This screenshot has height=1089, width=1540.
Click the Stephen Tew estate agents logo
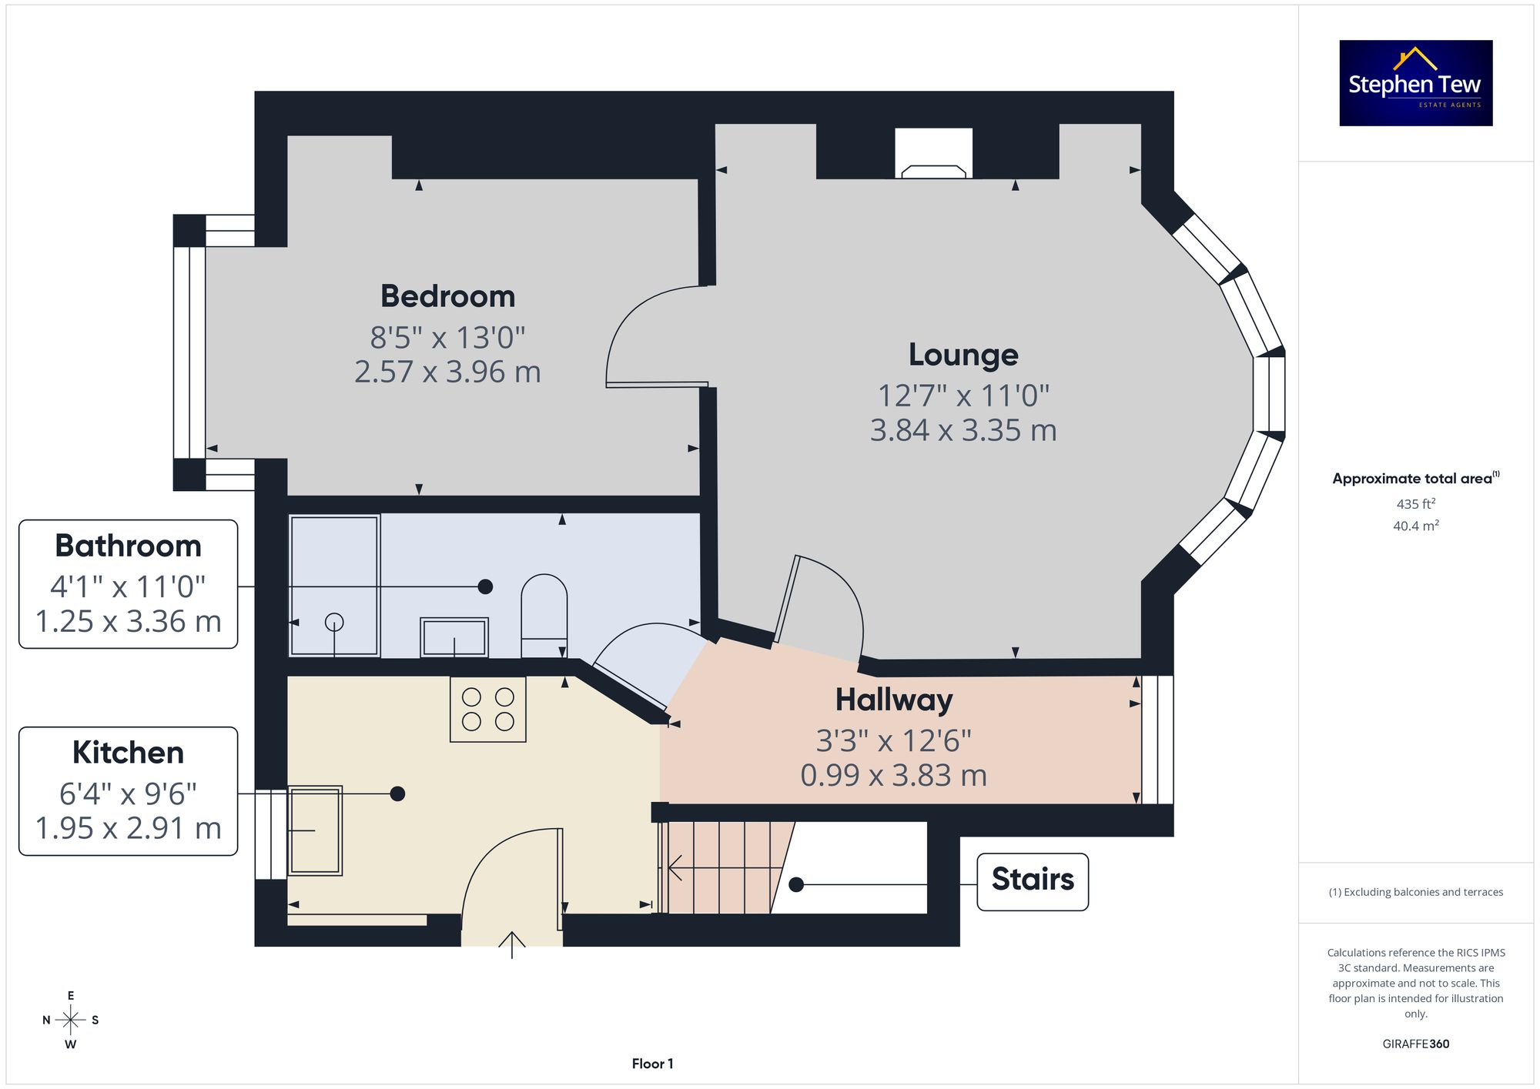(x=1416, y=83)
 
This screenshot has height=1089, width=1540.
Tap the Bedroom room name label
(x=447, y=296)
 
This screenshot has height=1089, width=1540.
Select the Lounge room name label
(x=963, y=355)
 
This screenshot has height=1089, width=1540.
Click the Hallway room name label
(x=894, y=700)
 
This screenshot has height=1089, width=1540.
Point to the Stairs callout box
(x=1033, y=882)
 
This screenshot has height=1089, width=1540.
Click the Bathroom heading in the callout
(x=128, y=546)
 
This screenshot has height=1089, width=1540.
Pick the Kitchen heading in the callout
(x=128, y=753)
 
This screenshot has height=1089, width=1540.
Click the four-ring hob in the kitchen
(x=488, y=709)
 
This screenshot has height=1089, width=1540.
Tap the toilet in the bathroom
(x=544, y=616)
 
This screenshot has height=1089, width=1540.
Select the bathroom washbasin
(x=454, y=637)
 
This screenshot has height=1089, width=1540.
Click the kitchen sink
(x=315, y=830)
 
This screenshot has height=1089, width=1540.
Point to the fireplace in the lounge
(x=933, y=153)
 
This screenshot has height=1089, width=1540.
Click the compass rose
(x=71, y=1021)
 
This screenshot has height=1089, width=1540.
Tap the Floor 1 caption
(x=652, y=1064)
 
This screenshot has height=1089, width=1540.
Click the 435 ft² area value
(x=1416, y=503)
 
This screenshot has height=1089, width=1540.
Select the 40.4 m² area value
(x=1416, y=526)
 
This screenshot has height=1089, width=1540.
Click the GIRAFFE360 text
(x=1416, y=1044)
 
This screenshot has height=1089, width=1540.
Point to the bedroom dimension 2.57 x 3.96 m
(x=447, y=372)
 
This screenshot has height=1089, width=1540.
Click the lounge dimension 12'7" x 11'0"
(x=963, y=396)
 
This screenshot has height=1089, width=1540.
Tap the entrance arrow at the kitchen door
(x=512, y=944)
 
